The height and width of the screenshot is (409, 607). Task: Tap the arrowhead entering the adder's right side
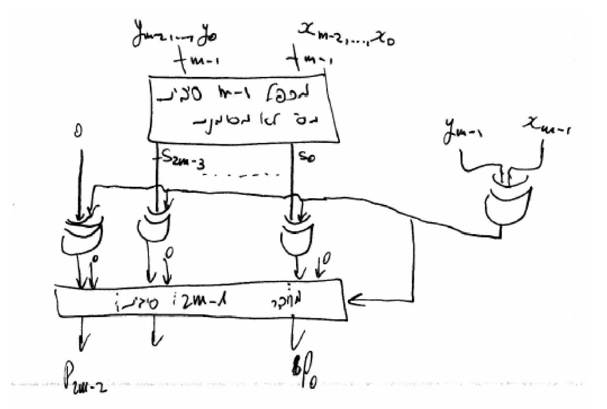(354, 299)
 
